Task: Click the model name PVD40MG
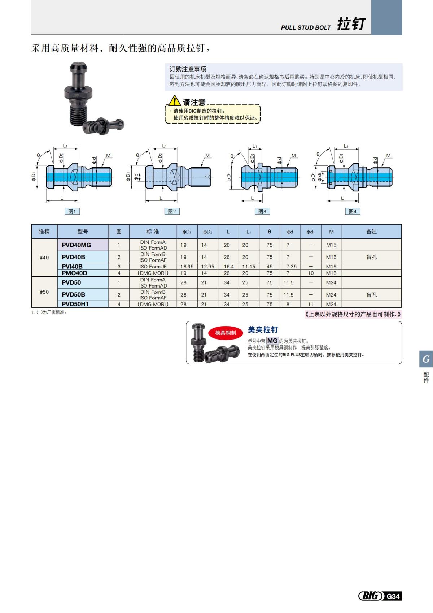(x=76, y=245)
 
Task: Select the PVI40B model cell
(x=72, y=267)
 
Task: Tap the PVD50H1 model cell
(x=75, y=304)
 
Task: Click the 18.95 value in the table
(x=187, y=267)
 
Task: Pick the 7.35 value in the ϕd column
(x=291, y=267)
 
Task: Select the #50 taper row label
(x=44, y=292)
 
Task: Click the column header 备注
(x=371, y=232)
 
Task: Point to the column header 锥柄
(x=44, y=232)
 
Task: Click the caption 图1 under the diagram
(x=72, y=211)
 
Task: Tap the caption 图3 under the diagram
(x=262, y=211)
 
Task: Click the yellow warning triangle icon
(x=174, y=100)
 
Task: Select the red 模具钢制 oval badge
(x=226, y=333)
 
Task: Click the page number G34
(x=393, y=596)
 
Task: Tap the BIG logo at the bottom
(x=371, y=596)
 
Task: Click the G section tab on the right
(x=426, y=359)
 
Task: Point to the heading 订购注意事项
(x=188, y=69)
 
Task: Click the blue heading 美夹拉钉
(x=263, y=329)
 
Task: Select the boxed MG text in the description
(x=272, y=341)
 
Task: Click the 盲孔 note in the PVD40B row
(x=371, y=257)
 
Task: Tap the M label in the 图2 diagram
(x=207, y=156)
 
